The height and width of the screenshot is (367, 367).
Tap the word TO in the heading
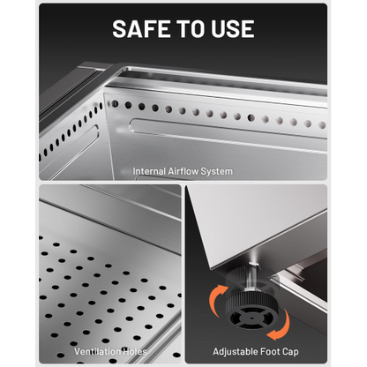pyautogui.click(x=191, y=29)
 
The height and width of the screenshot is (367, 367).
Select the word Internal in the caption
pyautogui.click(x=149, y=171)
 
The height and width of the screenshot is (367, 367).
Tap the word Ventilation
pyautogui.click(x=94, y=351)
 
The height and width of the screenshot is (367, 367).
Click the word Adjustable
pyautogui.click(x=233, y=352)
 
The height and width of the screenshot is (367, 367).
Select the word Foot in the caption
pyautogui.click(x=266, y=351)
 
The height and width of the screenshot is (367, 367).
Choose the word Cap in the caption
pyautogui.click(x=289, y=352)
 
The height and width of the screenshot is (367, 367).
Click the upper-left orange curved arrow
pyautogui.click(x=216, y=299)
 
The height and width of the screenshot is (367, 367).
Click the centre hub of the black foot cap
pyautogui.click(x=251, y=318)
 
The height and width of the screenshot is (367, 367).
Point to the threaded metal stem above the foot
pyautogui.click(x=252, y=273)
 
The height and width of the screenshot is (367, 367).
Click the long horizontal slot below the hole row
pyautogui.click(x=228, y=136)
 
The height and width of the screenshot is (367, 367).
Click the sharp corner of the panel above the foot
pyautogui.click(x=211, y=267)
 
